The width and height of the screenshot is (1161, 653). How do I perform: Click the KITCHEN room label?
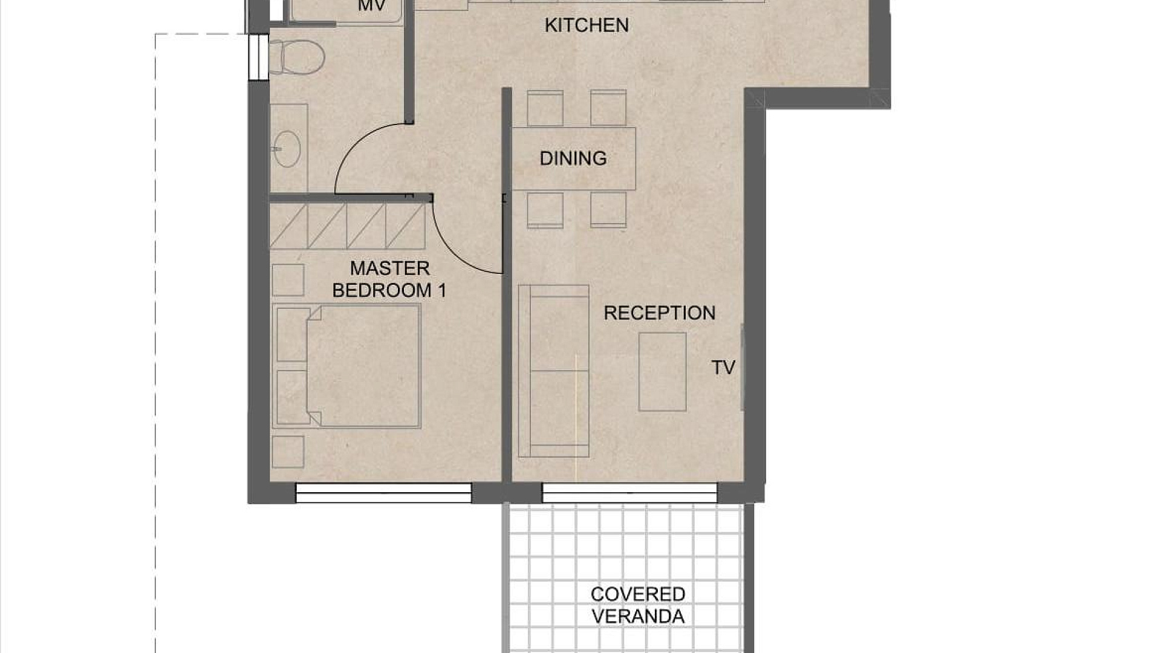click(x=587, y=25)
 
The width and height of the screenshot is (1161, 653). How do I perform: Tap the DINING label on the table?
click(x=573, y=158)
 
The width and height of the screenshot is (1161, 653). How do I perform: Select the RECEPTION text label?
click(x=660, y=313)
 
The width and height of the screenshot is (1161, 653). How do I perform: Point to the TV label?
click(x=723, y=367)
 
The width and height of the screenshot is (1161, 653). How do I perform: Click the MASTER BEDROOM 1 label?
click(x=389, y=279)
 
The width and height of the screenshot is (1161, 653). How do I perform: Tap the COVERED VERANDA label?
click(x=638, y=605)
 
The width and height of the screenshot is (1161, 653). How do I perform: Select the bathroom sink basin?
click(x=287, y=148)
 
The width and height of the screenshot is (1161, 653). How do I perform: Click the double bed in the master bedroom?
click(x=346, y=366)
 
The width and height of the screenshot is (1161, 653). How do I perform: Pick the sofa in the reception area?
click(x=553, y=371)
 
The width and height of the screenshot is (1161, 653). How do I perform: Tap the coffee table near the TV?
click(x=662, y=372)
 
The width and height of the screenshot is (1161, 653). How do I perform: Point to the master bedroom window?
click(x=383, y=493)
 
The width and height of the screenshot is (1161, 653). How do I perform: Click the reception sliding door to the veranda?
click(x=629, y=493)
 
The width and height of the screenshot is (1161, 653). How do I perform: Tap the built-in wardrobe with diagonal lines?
click(x=347, y=226)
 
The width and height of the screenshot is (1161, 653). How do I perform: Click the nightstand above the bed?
click(x=288, y=280)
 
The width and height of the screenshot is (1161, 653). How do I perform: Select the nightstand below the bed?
click(x=288, y=452)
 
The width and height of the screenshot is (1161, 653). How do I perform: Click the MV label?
click(x=371, y=6)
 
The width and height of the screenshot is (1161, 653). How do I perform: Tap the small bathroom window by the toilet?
click(x=258, y=57)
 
